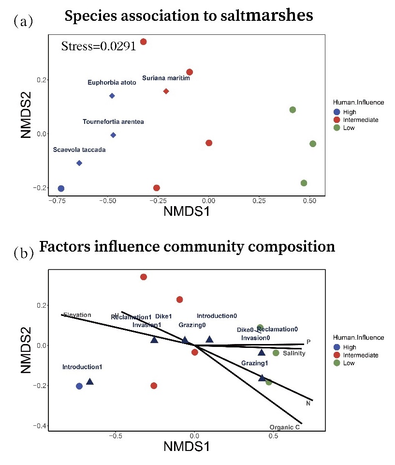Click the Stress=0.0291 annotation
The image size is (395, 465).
coord(98,47)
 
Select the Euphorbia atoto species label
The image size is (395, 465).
coord(112,83)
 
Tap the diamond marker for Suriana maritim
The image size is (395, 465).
coord(166,91)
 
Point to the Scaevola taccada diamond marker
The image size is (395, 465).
coord(79,163)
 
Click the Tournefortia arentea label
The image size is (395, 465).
coord(113,121)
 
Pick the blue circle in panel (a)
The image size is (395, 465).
coord(61,188)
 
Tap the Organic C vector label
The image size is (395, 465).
coord(285,427)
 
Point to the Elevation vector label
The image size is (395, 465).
coord(77,315)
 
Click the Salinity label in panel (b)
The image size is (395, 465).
coord(294,353)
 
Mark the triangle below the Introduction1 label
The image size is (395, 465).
coord(89,382)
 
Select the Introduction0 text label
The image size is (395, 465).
coord(217,315)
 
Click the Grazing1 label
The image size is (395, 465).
coord(255,363)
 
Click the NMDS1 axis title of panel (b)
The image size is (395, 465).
coord(187,447)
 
